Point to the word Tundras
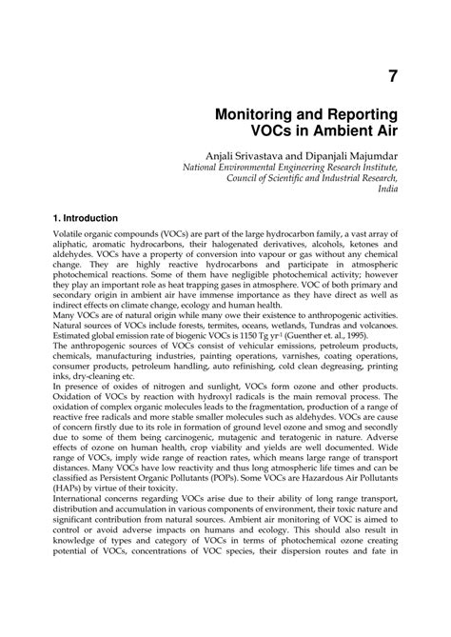tap(317, 348)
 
